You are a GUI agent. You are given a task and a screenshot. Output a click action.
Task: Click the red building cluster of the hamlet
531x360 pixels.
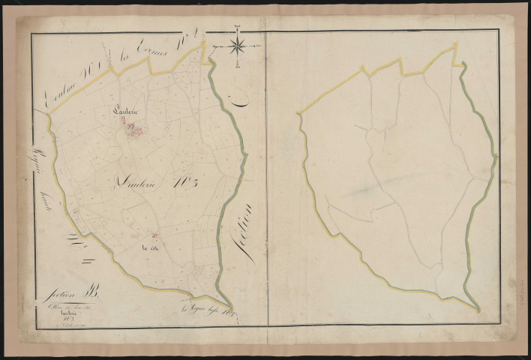(133, 130)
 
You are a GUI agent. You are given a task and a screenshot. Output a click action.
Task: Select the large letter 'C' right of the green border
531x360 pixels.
(234, 103)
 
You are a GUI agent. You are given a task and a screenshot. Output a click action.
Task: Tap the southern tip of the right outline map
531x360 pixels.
(475, 308)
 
